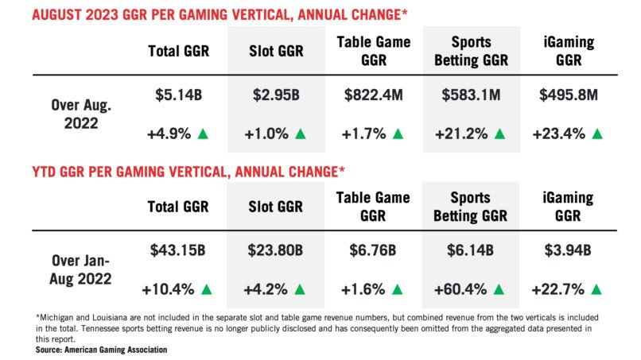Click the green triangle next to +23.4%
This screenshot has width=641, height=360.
(597, 134)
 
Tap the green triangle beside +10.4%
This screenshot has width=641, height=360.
(208, 289)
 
